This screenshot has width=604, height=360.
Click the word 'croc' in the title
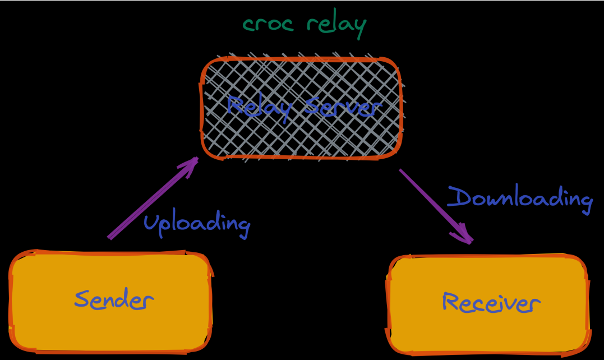click(x=270, y=24)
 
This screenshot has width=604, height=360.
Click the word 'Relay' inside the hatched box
click(x=259, y=107)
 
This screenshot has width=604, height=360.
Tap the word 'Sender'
click(x=113, y=299)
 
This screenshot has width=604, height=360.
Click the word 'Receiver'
click(x=491, y=303)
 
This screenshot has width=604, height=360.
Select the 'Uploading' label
click(x=196, y=223)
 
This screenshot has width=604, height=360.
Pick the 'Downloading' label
click(x=520, y=199)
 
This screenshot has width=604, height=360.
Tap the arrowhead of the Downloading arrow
click(x=465, y=236)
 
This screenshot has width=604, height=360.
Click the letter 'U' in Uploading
click(x=150, y=222)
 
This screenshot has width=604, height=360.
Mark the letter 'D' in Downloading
click(x=458, y=197)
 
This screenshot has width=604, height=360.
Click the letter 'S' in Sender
click(x=82, y=299)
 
